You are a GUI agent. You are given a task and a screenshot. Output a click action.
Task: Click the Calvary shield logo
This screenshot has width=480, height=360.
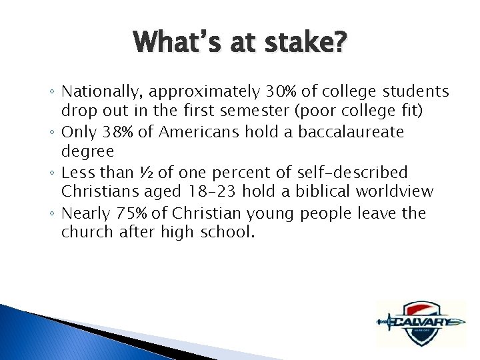(419, 323)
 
